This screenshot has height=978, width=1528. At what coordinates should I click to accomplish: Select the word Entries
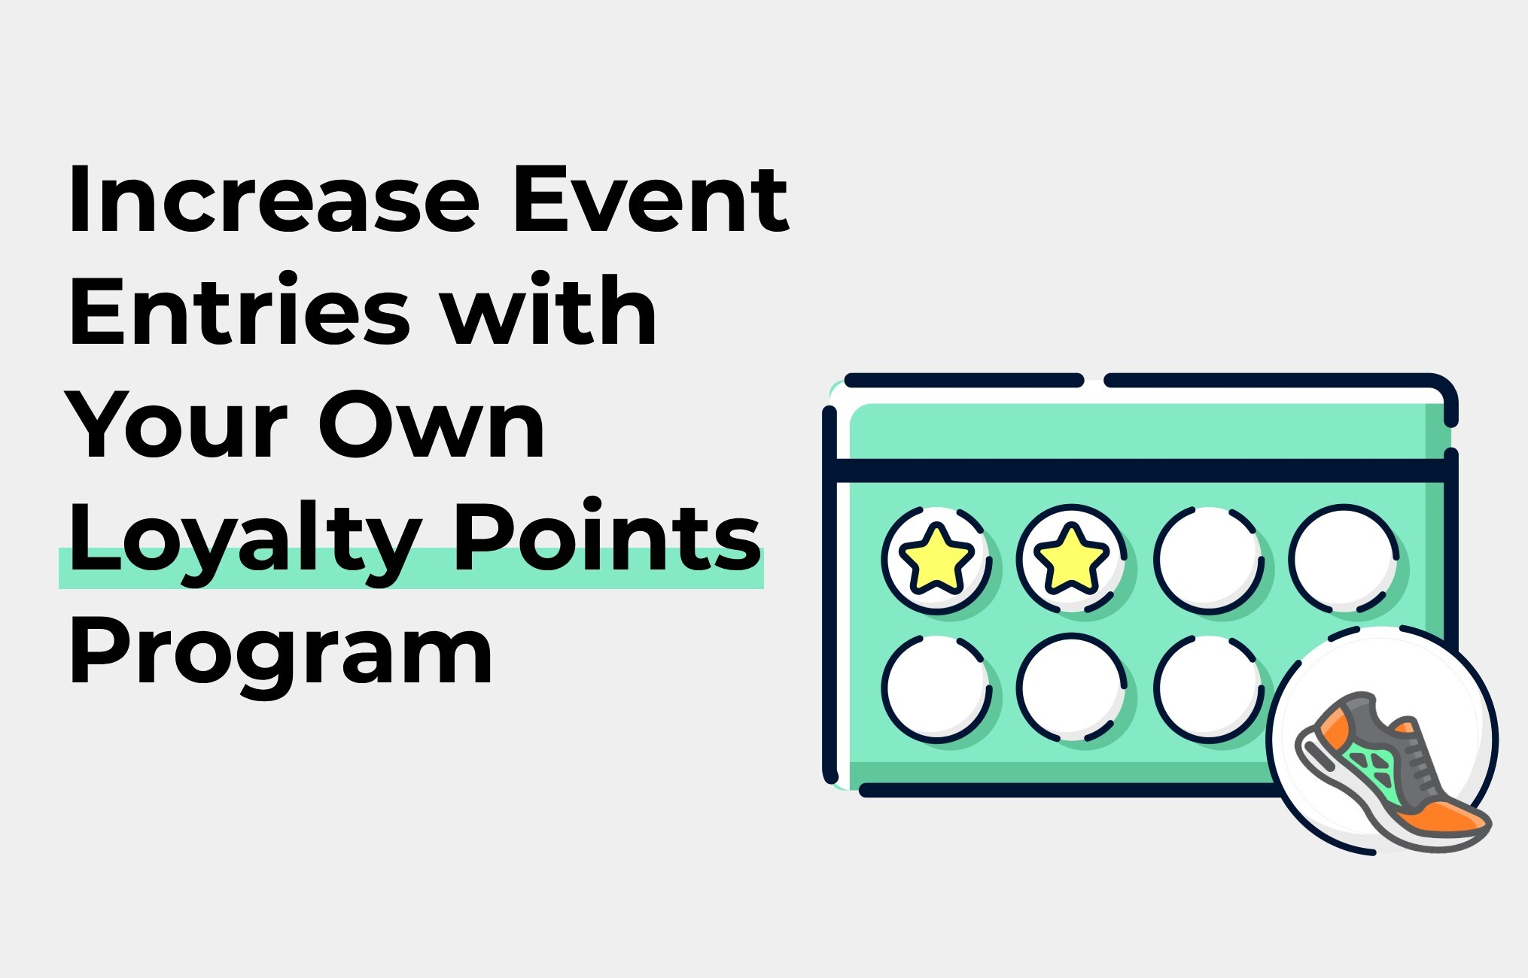coord(239,311)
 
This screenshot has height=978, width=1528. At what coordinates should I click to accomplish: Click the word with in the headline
coord(549,310)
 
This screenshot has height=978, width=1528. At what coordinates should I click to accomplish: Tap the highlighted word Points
coord(607,535)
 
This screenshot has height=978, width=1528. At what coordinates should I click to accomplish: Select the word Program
coord(280,655)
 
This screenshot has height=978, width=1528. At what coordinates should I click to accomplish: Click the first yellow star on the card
coord(936,559)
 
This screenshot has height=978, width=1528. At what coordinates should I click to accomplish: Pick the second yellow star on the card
coord(1071,559)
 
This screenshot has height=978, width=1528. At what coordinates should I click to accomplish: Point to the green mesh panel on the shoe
coord(1373,771)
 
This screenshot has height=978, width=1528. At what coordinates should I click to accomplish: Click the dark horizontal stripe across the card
coord(1141,471)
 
